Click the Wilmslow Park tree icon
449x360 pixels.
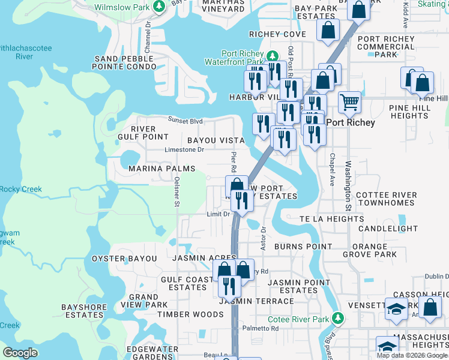click(x=159, y=7)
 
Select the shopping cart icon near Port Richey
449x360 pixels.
click(x=349, y=102)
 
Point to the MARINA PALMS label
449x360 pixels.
click(x=162, y=169)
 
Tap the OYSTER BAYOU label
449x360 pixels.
click(x=124, y=259)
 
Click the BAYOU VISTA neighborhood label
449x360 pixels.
click(x=216, y=140)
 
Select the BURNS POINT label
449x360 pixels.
click(x=303, y=247)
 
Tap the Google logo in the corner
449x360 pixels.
click(x=20, y=353)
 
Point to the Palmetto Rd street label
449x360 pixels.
click(x=261, y=329)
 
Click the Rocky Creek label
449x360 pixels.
click(x=21, y=190)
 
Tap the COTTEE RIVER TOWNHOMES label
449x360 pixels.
click(x=387, y=199)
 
